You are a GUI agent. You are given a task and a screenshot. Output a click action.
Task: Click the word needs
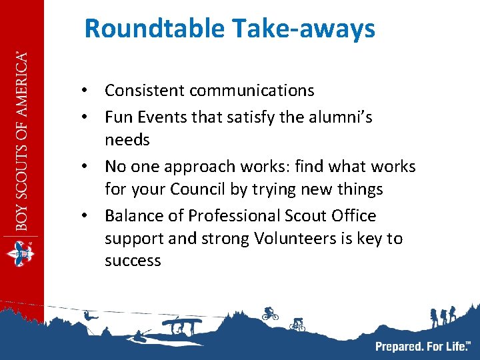(x=127, y=140)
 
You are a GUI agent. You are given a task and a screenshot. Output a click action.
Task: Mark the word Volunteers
(x=292, y=239)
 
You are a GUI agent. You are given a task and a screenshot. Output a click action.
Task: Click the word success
(x=133, y=261)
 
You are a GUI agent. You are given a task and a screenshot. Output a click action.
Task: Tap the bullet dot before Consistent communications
(x=86, y=91)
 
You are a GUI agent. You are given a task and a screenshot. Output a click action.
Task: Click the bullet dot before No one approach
(x=86, y=167)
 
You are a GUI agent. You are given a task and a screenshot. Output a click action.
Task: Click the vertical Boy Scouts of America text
(x=23, y=140)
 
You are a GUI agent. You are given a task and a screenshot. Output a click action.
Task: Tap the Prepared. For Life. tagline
(x=423, y=346)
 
